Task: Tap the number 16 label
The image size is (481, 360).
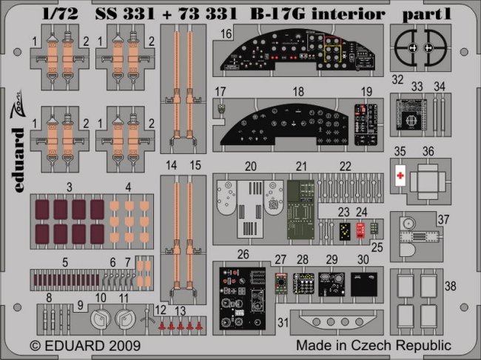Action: point(226,33)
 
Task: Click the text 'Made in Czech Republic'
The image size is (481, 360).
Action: point(373,345)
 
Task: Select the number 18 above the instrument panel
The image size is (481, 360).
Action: point(299,92)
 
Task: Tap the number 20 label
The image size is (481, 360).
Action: point(249,166)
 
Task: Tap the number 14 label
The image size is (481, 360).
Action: point(172,166)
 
